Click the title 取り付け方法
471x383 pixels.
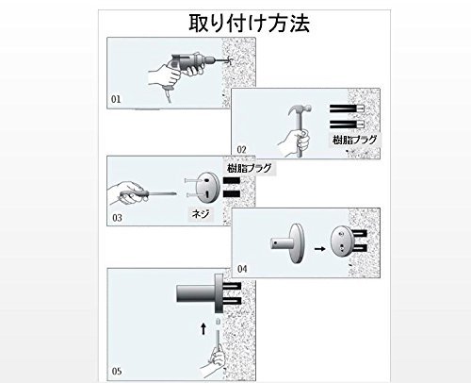coord(250,23)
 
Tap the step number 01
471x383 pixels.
coord(116,99)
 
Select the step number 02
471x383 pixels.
coord(241,150)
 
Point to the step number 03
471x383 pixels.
coord(117,218)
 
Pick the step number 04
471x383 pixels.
coord(242,269)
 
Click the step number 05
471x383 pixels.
coord(117,372)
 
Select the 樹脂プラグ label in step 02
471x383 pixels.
coord(355,140)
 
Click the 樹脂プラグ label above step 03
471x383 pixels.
coord(250,168)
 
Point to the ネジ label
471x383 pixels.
coord(201,214)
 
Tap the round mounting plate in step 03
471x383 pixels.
coord(207,188)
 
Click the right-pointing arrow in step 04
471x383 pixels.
coord(320,249)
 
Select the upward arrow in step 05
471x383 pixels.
coord(203,329)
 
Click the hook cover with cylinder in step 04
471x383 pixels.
coord(287,243)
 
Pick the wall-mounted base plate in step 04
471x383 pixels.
coord(342,241)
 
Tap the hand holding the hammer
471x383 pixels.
coord(295,142)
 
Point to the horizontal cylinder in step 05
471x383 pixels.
coord(196,293)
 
